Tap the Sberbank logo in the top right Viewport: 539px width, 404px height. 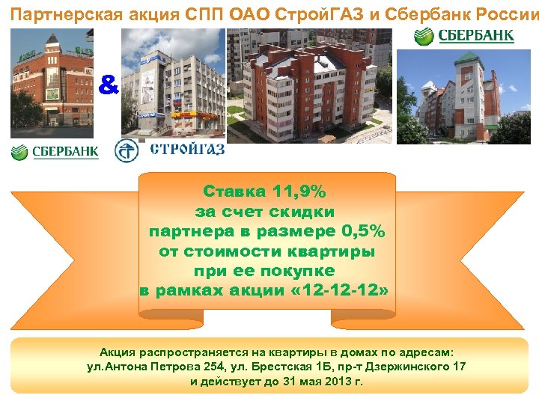click(464, 36)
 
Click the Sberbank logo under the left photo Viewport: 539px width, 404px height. click(55, 152)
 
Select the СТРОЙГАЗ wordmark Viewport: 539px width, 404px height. click(187, 148)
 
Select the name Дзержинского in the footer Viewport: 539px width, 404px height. click(406, 367)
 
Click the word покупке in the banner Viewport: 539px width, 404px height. click(299, 270)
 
